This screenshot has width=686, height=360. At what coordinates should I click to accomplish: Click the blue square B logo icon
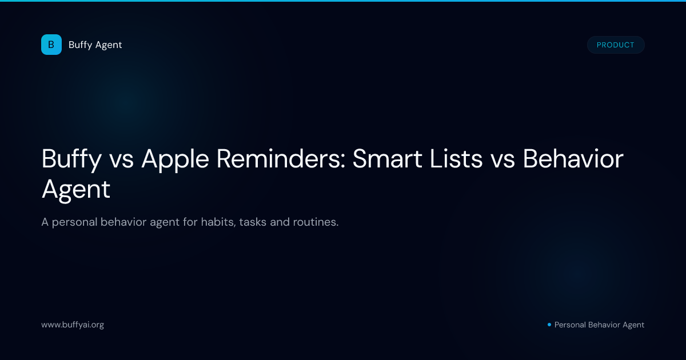pos(51,45)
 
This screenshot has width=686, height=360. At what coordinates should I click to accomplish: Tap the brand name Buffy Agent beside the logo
pos(95,45)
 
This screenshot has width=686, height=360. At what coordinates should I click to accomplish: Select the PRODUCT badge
pos(616,45)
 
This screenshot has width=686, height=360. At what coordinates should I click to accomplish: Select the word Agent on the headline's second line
pos(75,190)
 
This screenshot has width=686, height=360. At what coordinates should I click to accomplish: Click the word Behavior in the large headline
pos(573,159)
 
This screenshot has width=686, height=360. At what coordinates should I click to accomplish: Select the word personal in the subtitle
pos(74,222)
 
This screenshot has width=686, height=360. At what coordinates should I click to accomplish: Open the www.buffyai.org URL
pos(73,325)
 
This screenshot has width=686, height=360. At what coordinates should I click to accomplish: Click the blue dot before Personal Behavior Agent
pos(549,325)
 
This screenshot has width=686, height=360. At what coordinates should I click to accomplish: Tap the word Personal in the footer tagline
pos(570,325)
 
